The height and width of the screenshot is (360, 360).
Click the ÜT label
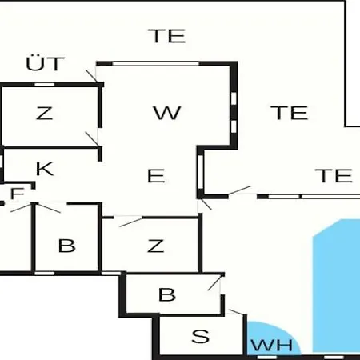click(x=46, y=63)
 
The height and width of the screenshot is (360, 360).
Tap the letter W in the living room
click(x=167, y=113)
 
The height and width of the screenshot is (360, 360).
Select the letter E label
click(x=156, y=176)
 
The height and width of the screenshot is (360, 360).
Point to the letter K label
click(x=45, y=169)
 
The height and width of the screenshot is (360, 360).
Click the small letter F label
click(x=18, y=194)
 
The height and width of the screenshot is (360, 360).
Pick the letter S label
click(x=200, y=336)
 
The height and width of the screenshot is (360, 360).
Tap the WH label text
click(x=272, y=345)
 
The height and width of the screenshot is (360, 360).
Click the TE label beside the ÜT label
click(x=167, y=36)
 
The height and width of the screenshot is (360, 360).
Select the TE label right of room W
click(x=290, y=113)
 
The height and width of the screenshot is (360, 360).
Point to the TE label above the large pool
click(x=334, y=175)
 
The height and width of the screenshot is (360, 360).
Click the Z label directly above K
click(x=44, y=113)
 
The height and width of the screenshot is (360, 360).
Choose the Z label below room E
click(x=155, y=246)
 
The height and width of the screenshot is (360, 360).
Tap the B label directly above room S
click(x=167, y=294)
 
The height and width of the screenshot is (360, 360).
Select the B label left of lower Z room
click(x=66, y=246)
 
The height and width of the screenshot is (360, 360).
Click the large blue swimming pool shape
click(x=337, y=286)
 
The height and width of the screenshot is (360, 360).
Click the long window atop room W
click(x=156, y=63)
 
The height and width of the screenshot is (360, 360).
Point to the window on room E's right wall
click(x=200, y=172)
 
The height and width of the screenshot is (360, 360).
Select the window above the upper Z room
click(x=44, y=85)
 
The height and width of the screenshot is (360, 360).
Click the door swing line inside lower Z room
click(x=130, y=222)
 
